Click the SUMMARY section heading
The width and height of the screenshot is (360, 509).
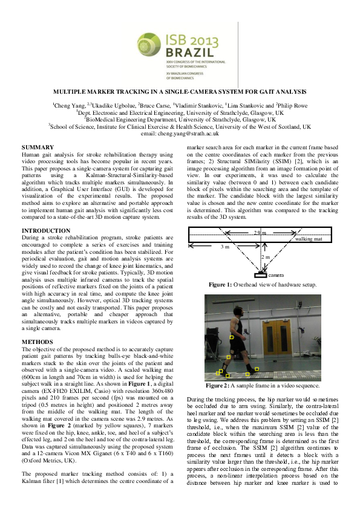(37, 148)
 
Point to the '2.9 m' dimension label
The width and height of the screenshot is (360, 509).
(259, 233)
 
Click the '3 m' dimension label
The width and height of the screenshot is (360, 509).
(224, 247)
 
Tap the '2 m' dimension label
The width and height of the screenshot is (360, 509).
(265, 257)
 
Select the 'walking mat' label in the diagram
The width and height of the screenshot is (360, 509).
(309, 239)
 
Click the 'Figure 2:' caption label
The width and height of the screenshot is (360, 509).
(218, 385)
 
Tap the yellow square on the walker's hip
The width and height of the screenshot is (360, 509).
(231, 336)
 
